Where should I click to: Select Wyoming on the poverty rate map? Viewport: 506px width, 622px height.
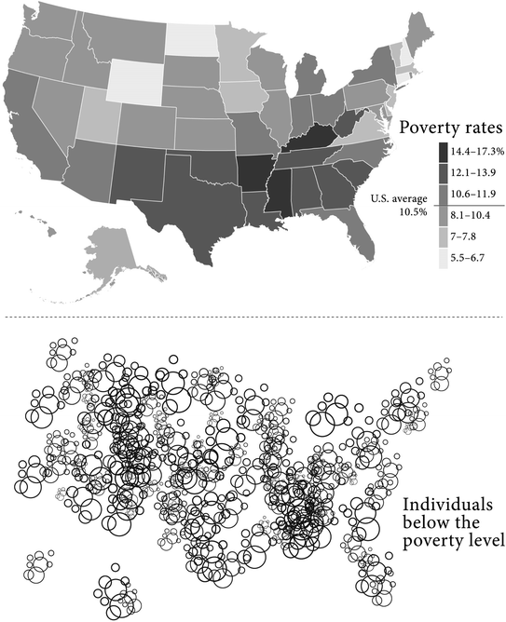pos(137,79)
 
